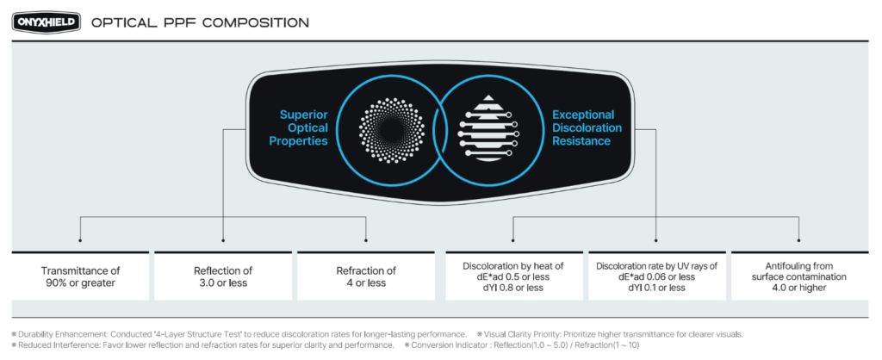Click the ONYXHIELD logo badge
pyautogui.click(x=46, y=22)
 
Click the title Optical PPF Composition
pyautogui.click(x=200, y=22)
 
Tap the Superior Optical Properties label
pyautogui.click(x=303, y=127)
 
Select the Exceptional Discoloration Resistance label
pyautogui.click(x=583, y=127)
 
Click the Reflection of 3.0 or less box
pyautogui.click(x=223, y=276)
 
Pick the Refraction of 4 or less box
pyautogui.click(x=366, y=276)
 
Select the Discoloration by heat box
pyautogui.click(x=512, y=276)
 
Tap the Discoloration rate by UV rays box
pyautogui.click(x=656, y=276)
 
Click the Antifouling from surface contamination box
pyautogui.click(x=799, y=276)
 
